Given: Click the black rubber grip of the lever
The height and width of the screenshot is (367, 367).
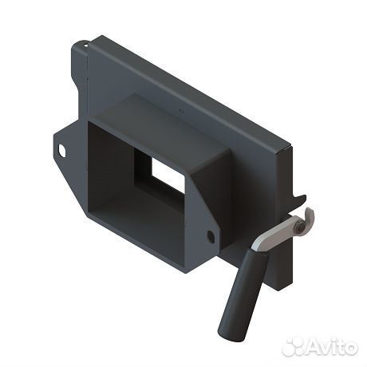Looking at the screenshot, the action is [243, 295].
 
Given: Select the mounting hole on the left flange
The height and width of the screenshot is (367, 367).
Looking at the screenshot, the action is [62, 150].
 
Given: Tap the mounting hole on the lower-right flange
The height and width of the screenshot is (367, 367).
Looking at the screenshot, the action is [211, 236].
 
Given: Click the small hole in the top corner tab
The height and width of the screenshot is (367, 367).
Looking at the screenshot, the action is [85, 45].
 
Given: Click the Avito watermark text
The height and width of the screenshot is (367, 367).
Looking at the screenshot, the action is [333, 346].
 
